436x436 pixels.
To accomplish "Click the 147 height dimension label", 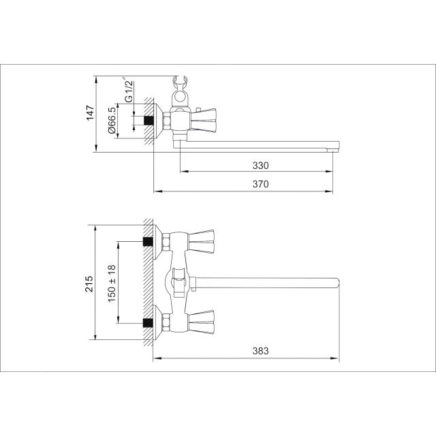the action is tap(91, 113).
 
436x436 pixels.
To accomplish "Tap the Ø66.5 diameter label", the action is tap(112, 121).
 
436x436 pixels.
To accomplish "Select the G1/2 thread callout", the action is tap(129, 90).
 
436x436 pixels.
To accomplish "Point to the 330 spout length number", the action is tap(260, 166).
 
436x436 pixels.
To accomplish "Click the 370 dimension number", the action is tap(260, 184).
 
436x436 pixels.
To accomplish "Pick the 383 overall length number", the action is tap(260, 351).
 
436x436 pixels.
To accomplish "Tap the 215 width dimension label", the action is tap(89, 283).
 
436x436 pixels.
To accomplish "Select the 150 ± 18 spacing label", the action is tap(112, 283).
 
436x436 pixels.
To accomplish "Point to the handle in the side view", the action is tap(204, 121).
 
